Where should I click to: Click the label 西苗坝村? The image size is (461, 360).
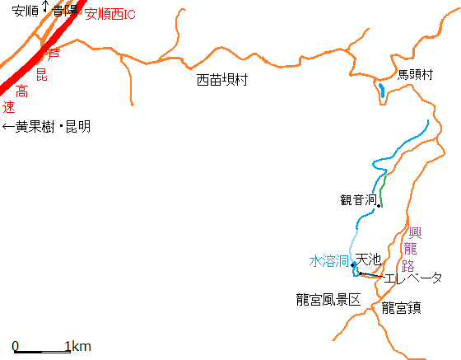pos(222,80)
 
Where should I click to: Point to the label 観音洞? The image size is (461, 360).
pos(358,199)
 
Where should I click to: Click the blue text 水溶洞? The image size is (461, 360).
pos(328,260)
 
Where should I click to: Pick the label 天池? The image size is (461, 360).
pos(368,259)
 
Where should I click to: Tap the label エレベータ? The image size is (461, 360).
pos(413,278)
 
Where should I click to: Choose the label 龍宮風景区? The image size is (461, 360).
pos(328,300)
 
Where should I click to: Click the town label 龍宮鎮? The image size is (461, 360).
pos(402,308)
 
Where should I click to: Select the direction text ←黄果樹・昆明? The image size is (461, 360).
pos(46,127)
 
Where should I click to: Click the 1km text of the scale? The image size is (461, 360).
pos(77,345)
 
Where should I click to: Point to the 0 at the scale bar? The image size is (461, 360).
pos(16,345)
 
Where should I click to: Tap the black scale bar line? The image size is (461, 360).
pos(42,352)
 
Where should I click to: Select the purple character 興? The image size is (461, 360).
pos(415,231)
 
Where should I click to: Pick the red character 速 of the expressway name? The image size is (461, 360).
pos(8,107)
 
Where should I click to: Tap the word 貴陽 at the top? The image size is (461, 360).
pos(66,12)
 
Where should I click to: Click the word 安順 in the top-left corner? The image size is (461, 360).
pos(25,12)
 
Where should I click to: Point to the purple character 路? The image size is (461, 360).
pos(408,265)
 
